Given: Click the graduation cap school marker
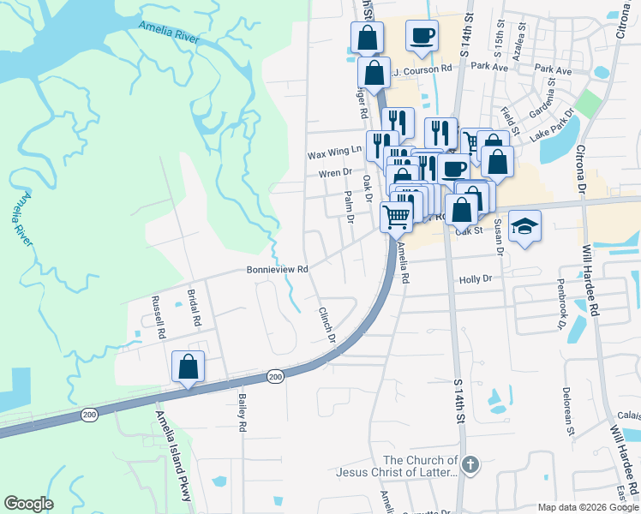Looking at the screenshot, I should point(524,226).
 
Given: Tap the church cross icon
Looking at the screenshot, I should point(469,465).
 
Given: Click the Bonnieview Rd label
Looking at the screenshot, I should point(277,269).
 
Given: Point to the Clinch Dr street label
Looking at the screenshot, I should point(326,326).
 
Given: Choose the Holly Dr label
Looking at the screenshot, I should point(476,279).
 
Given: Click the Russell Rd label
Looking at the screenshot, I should point(157,318).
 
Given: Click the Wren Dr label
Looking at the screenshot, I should point(335,172).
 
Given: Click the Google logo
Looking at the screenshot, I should point(28,504).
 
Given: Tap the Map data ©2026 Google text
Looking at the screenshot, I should point(588,507).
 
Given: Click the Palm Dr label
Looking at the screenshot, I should point(349,206).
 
